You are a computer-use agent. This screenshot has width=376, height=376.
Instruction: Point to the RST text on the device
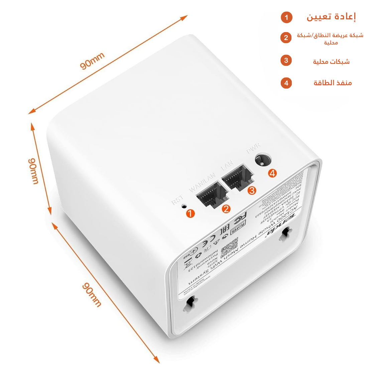click(177, 200)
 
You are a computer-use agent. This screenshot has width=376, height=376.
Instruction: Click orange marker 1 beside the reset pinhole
click(191, 213)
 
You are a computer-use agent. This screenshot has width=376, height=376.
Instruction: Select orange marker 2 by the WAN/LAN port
click(226, 209)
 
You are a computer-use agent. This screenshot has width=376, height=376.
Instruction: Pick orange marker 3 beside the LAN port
click(252, 191)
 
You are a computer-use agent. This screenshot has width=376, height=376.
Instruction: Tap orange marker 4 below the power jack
click(273, 173)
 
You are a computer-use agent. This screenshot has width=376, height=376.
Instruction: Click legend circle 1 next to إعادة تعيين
click(286, 17)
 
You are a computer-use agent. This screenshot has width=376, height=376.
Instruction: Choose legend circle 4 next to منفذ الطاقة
click(286, 83)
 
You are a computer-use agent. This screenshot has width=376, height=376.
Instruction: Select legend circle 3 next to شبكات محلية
click(286, 60)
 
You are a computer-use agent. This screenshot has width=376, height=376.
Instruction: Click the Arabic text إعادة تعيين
click(331, 16)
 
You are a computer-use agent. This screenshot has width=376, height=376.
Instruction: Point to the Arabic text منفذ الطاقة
click(333, 83)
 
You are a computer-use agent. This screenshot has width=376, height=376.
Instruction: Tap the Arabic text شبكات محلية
click(331, 61)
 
